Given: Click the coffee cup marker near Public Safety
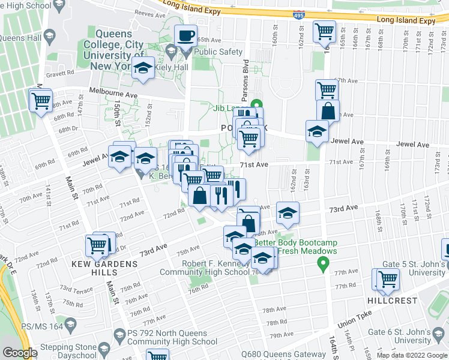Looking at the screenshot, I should tap(186, 37).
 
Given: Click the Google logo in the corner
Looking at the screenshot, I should tap(20, 353).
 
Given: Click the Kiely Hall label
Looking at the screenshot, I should tap(172, 69).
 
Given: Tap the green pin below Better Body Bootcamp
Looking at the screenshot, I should tap(323, 262).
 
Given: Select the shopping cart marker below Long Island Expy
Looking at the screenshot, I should tap(325, 31).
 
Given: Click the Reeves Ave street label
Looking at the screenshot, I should tap(149, 12).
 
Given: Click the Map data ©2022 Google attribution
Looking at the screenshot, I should tap(411, 355).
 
